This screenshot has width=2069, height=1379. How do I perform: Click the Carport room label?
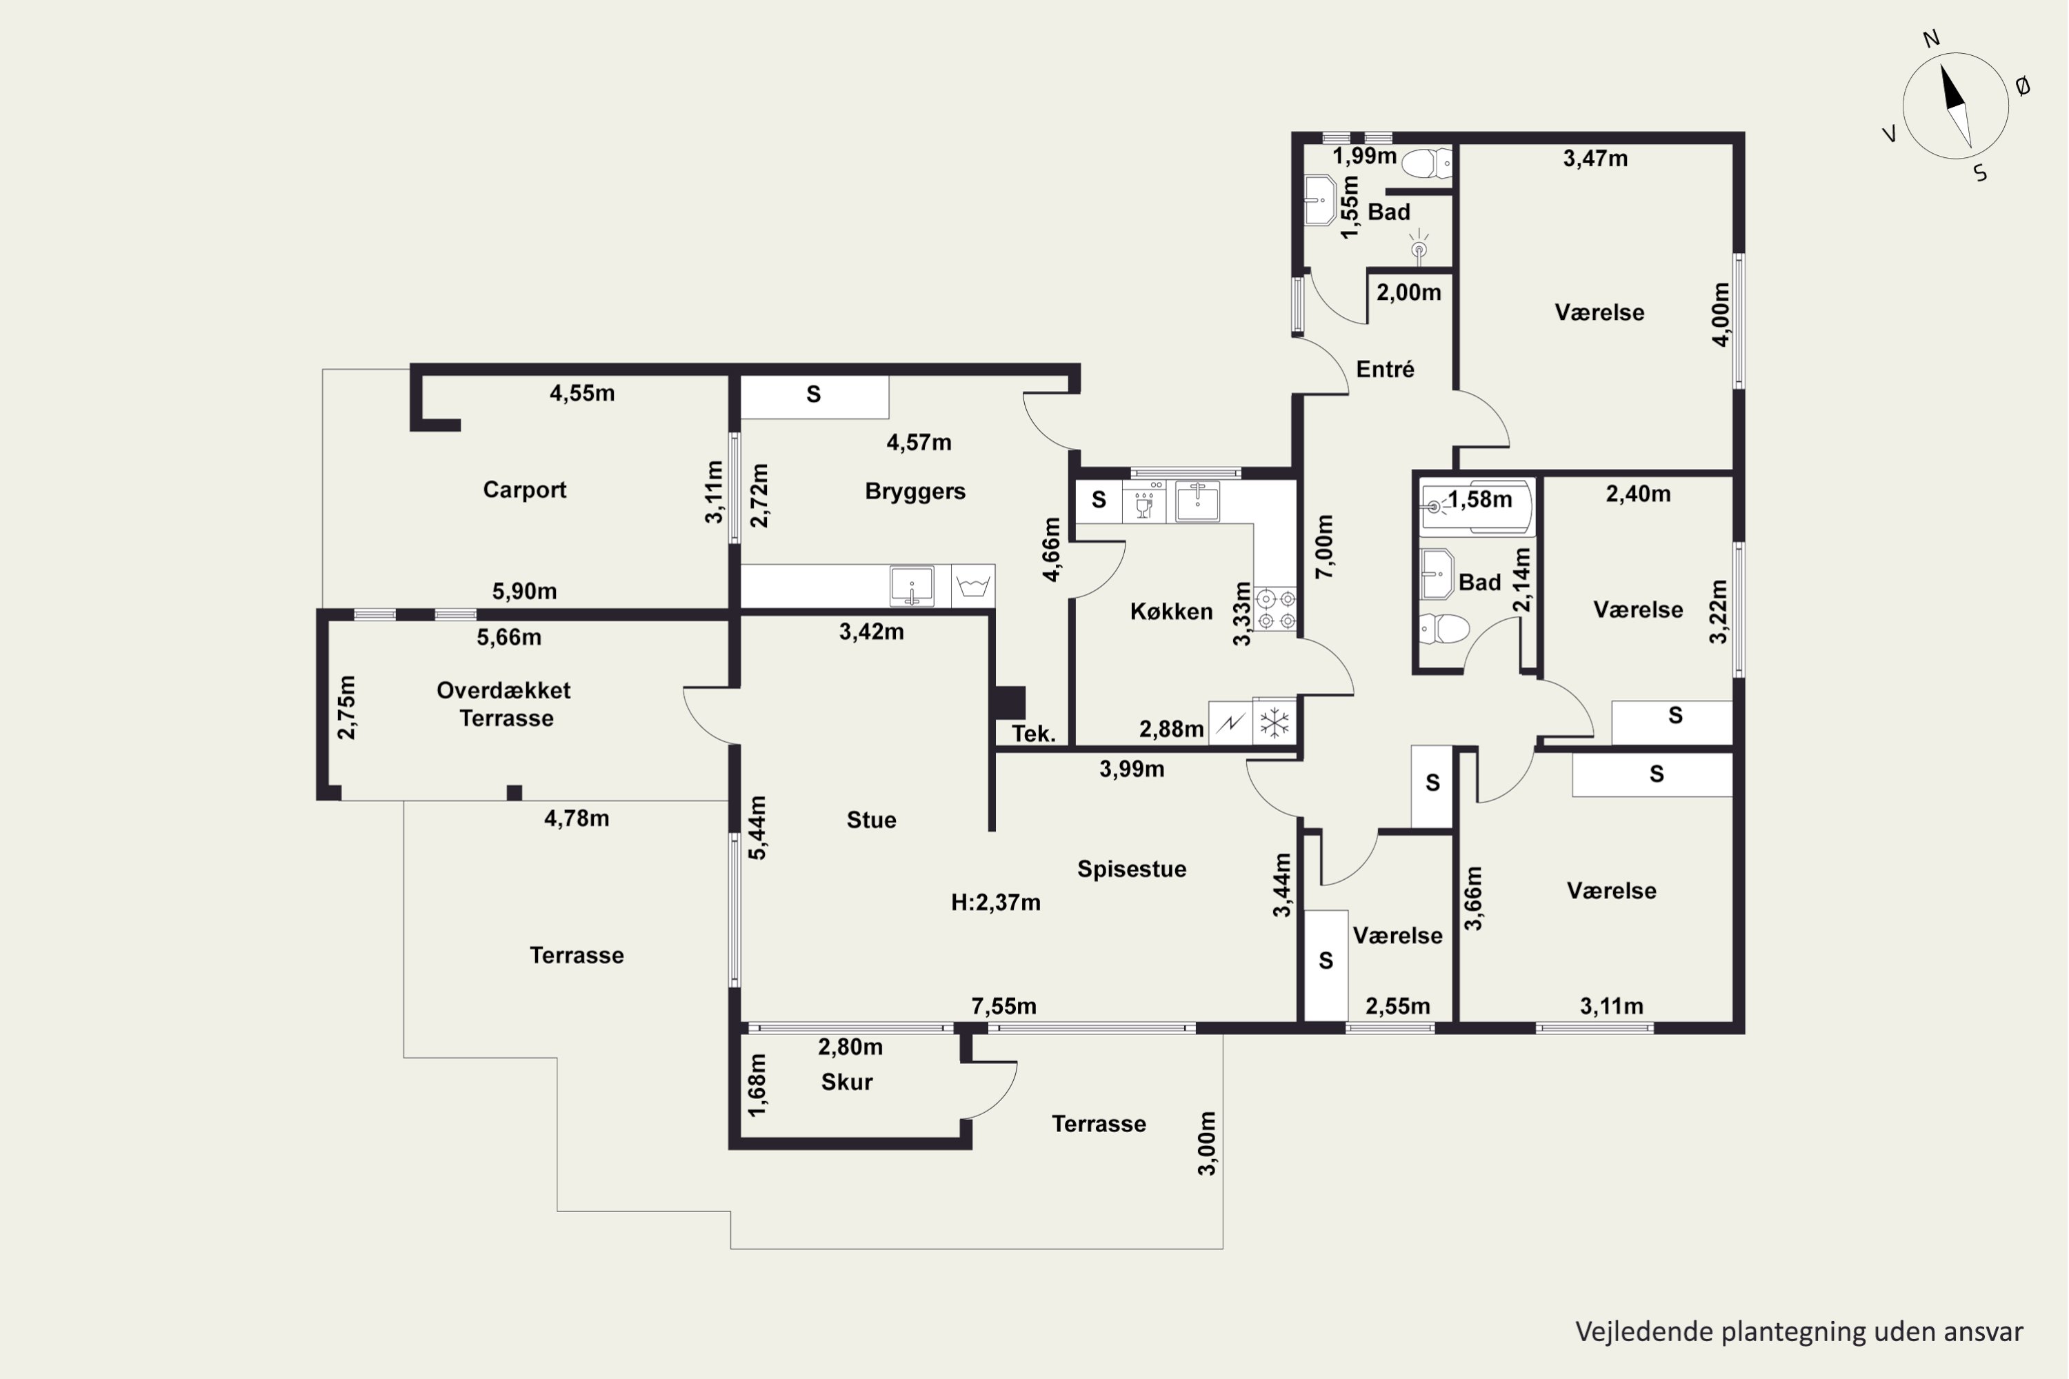[524, 490]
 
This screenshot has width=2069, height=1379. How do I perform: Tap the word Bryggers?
[915, 492]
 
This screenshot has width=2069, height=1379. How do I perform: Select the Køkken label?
[1171, 611]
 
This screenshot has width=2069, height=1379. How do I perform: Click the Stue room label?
[871, 820]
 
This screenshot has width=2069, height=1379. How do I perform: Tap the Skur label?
[846, 1082]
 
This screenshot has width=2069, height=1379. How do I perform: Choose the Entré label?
[1385, 370]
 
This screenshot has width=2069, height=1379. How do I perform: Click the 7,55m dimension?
[1003, 1005]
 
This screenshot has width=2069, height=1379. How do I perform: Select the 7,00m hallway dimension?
[1324, 546]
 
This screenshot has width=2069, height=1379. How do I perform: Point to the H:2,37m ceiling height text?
[996, 903]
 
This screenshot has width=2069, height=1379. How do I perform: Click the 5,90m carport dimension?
[524, 591]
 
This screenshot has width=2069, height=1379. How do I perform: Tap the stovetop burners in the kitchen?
[1275, 610]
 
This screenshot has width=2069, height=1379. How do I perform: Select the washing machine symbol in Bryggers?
[973, 585]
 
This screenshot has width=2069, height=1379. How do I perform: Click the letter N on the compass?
[1932, 39]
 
